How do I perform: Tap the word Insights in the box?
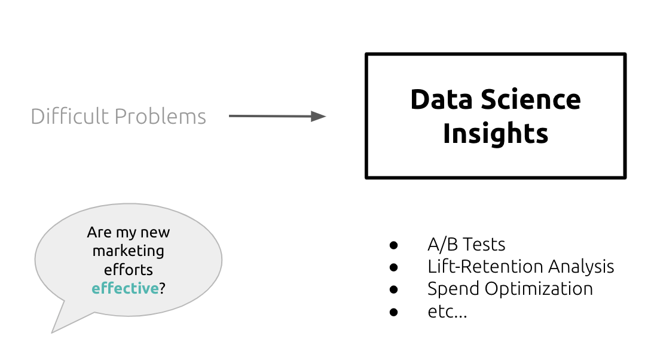496,133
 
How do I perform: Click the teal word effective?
125,288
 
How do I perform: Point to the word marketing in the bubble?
129,251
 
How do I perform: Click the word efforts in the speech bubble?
129,270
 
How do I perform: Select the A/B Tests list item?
466,245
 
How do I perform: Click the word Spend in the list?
453,289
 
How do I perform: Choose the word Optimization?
539,289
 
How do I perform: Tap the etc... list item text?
447,311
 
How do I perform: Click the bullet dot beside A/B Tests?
393,245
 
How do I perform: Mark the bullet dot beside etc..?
393,312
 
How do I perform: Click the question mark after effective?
162,288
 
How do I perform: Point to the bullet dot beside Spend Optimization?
393,289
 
